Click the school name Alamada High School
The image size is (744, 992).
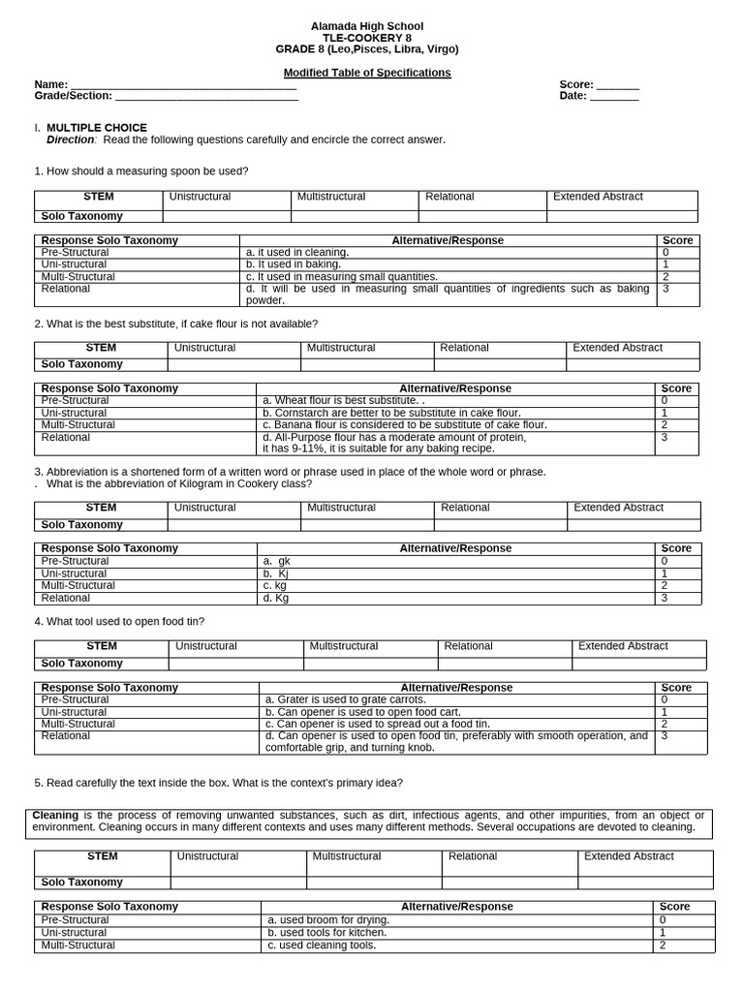tap(366, 26)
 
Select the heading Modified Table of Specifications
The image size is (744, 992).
tap(366, 73)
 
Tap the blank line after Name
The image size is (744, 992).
tap(183, 85)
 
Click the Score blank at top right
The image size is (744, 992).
tap(617, 85)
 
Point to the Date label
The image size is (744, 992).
tap(573, 96)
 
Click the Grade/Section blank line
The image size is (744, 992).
tap(206, 97)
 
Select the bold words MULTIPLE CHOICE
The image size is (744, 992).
tap(97, 128)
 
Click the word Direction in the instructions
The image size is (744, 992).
tap(71, 139)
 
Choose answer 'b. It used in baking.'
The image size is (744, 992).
tap(294, 263)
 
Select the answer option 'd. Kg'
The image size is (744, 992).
tap(276, 598)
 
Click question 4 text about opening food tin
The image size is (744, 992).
tap(119, 621)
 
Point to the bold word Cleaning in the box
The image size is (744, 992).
tap(55, 815)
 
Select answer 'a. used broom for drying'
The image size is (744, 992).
tap(328, 919)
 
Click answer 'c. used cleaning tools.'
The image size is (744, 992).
tap(322, 945)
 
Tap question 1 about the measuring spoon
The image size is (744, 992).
tap(141, 171)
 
